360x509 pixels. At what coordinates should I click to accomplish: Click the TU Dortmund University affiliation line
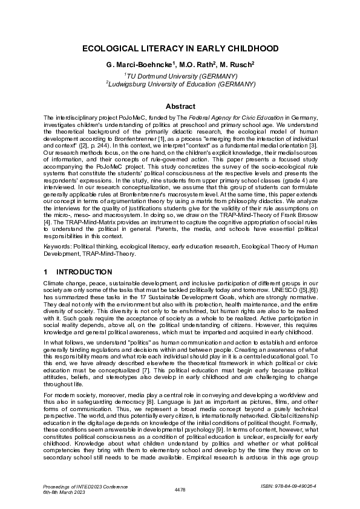pyautogui.click(x=180, y=76)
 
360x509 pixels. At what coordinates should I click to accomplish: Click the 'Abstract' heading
pyautogui.click(x=180, y=105)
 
